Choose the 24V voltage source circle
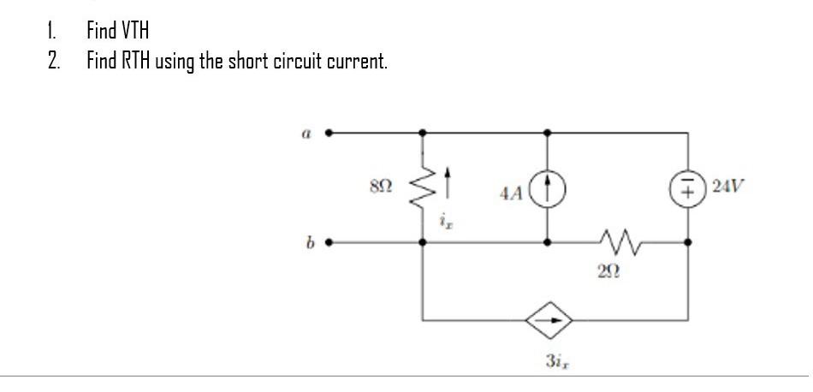tap(687, 187)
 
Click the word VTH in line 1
tap(131, 32)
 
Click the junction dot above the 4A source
tap(547, 134)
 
